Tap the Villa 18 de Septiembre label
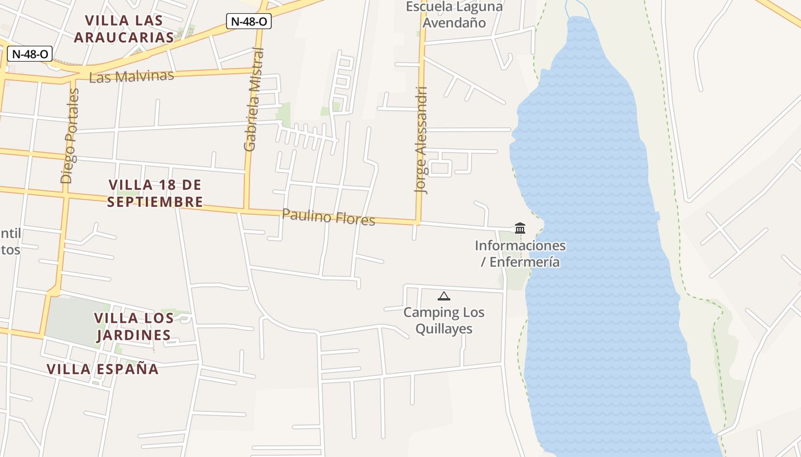click(x=155, y=193)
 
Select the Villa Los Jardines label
click(x=133, y=326)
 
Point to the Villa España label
click(x=103, y=369)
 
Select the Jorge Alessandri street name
click(x=422, y=140)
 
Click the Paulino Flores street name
click(x=328, y=217)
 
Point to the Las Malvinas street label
click(x=132, y=76)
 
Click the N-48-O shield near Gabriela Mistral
click(x=248, y=22)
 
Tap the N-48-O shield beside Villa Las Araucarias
click(x=30, y=54)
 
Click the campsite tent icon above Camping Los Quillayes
click(x=443, y=296)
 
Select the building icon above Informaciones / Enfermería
click(x=520, y=228)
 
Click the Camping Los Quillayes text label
click(x=444, y=320)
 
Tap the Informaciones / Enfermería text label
click(x=520, y=254)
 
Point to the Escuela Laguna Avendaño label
click(x=454, y=15)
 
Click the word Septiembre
click(x=155, y=202)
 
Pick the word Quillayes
click(x=444, y=329)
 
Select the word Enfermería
click(x=524, y=262)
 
